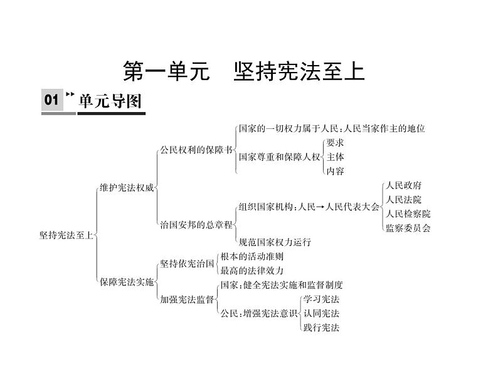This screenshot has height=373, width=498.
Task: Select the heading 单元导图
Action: point(111,101)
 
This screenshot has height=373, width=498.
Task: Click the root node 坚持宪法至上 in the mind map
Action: point(66,235)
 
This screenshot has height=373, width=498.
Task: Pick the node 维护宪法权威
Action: point(126,186)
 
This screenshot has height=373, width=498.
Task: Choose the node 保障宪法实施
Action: point(126,282)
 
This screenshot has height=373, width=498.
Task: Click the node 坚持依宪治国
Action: point(187,263)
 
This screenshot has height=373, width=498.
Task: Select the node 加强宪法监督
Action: point(187,300)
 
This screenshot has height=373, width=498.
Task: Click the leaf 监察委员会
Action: point(408,228)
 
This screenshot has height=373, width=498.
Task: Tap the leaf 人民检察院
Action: point(408,214)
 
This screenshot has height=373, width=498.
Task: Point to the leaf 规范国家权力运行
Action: point(275,242)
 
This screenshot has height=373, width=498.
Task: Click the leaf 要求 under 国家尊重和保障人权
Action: point(335,142)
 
